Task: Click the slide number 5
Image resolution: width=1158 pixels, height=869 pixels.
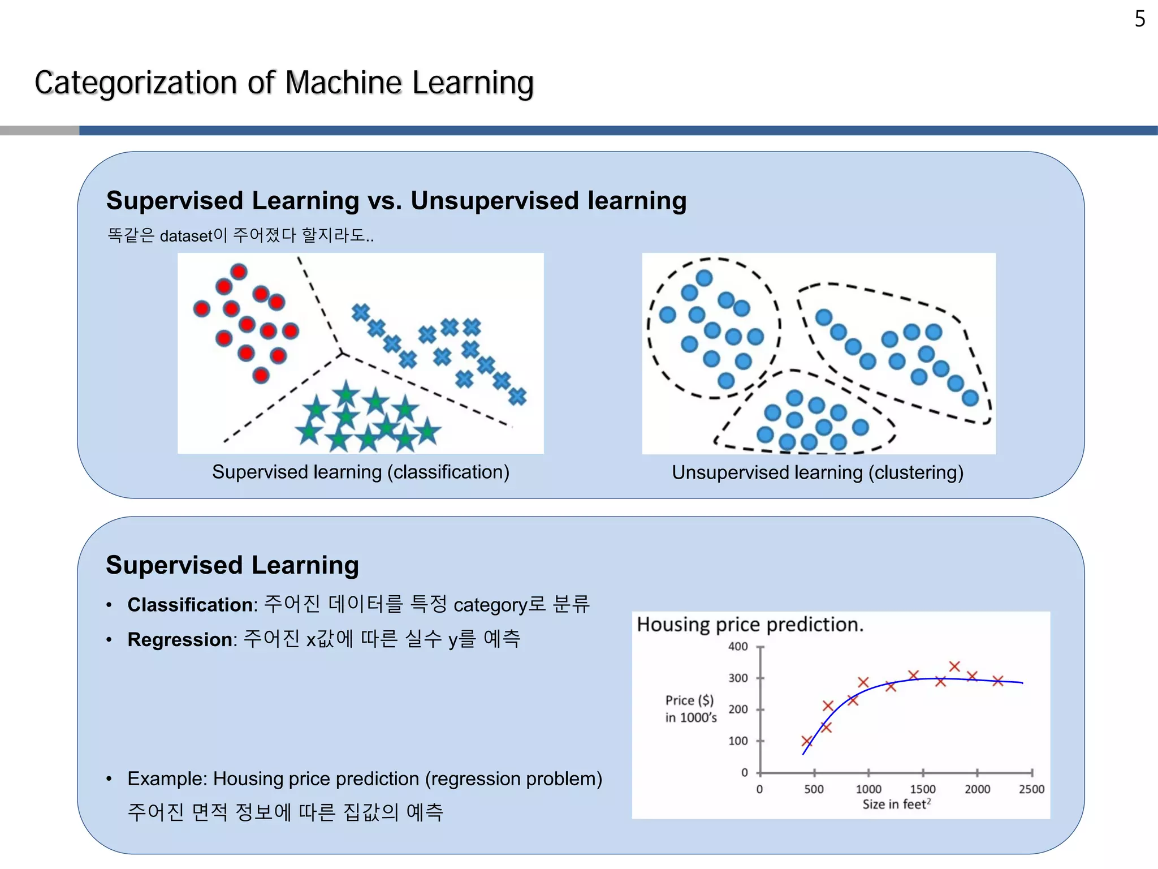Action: (x=1139, y=19)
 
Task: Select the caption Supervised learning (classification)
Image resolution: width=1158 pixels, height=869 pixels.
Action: (x=361, y=472)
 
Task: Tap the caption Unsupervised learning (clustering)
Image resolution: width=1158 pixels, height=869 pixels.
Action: (x=818, y=472)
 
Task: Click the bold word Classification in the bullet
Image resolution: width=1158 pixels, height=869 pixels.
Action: (x=190, y=605)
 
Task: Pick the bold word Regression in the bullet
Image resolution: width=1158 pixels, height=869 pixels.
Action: (x=180, y=639)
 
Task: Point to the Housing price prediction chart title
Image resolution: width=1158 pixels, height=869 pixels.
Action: (x=750, y=625)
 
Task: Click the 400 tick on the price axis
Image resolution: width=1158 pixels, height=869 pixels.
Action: (x=738, y=647)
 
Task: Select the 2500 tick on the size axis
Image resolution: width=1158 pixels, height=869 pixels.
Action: (x=1031, y=789)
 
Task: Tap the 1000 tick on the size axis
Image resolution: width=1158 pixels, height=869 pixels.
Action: (x=868, y=789)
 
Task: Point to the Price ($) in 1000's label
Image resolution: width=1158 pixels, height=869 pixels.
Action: (x=690, y=709)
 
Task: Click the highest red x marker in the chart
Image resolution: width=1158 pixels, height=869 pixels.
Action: (x=954, y=666)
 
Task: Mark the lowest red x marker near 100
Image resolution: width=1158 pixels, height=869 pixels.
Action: (x=807, y=741)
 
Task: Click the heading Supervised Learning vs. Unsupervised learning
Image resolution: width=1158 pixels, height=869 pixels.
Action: (x=396, y=201)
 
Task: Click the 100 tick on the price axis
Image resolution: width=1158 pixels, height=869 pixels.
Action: (x=738, y=741)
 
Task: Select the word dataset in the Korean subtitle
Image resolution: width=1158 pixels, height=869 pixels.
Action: (x=186, y=236)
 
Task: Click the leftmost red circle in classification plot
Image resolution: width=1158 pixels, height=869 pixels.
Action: (x=202, y=308)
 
